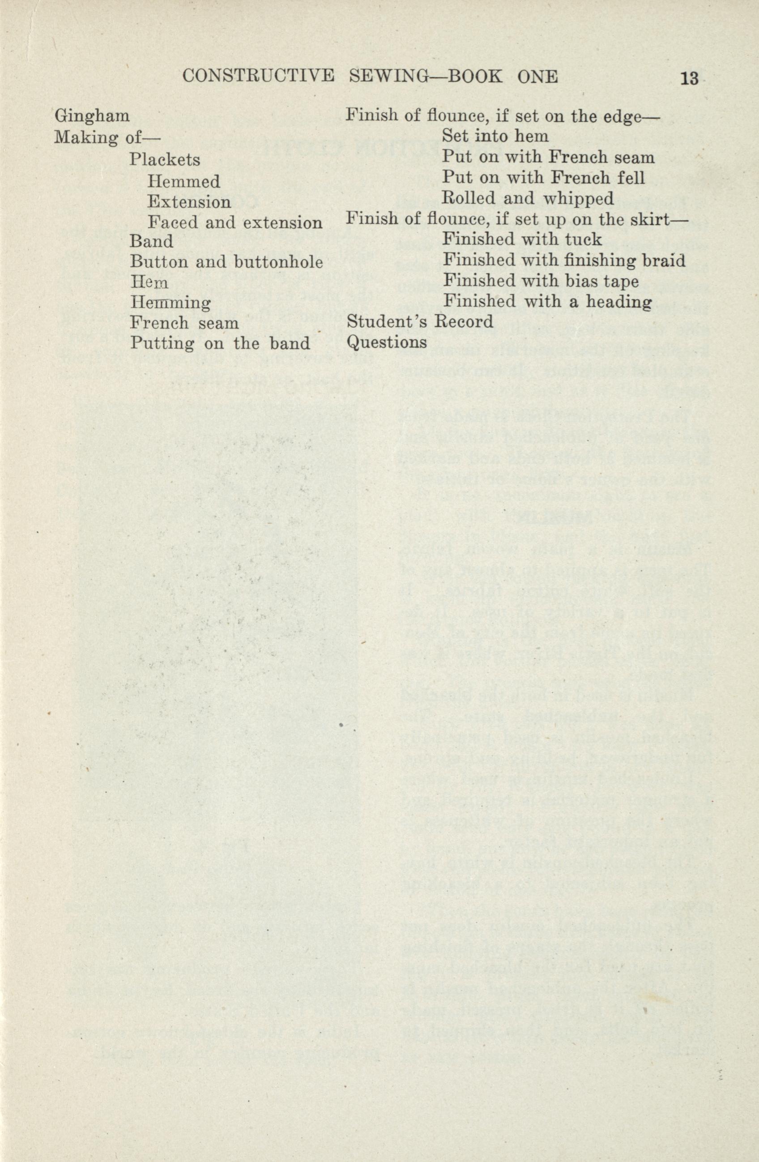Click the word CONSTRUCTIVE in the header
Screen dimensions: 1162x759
(x=258, y=77)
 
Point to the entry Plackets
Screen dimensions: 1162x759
(x=165, y=160)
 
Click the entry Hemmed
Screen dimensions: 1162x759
(x=183, y=182)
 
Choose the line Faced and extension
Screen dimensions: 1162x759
(x=235, y=222)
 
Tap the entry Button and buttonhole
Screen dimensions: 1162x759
(x=226, y=262)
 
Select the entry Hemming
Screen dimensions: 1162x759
(x=170, y=303)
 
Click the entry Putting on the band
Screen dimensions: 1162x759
(x=220, y=343)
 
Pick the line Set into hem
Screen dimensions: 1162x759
(x=495, y=136)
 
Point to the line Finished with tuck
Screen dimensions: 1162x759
(x=522, y=239)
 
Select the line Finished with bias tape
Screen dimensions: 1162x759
(x=540, y=281)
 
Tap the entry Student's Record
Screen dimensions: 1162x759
(x=420, y=322)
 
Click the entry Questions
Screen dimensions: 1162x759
(x=387, y=342)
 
